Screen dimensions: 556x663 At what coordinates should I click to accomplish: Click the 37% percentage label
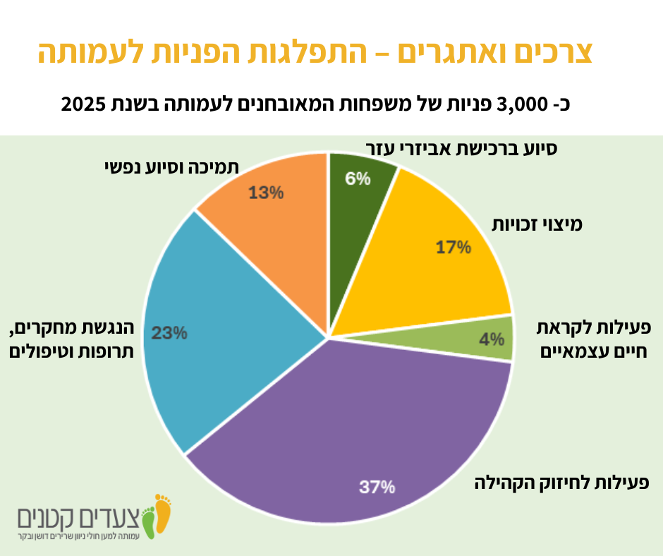coord(377,487)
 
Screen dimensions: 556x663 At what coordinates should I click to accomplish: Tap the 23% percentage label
coord(169,332)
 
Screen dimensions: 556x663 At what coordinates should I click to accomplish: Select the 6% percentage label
coord(358,179)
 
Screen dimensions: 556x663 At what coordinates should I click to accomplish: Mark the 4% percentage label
coord(492,339)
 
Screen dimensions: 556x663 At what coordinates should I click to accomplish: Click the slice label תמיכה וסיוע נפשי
coord(170,167)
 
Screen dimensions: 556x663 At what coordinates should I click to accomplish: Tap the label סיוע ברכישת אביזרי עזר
coord(462,149)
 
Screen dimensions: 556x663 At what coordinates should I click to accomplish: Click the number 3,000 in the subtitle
coord(519,105)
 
